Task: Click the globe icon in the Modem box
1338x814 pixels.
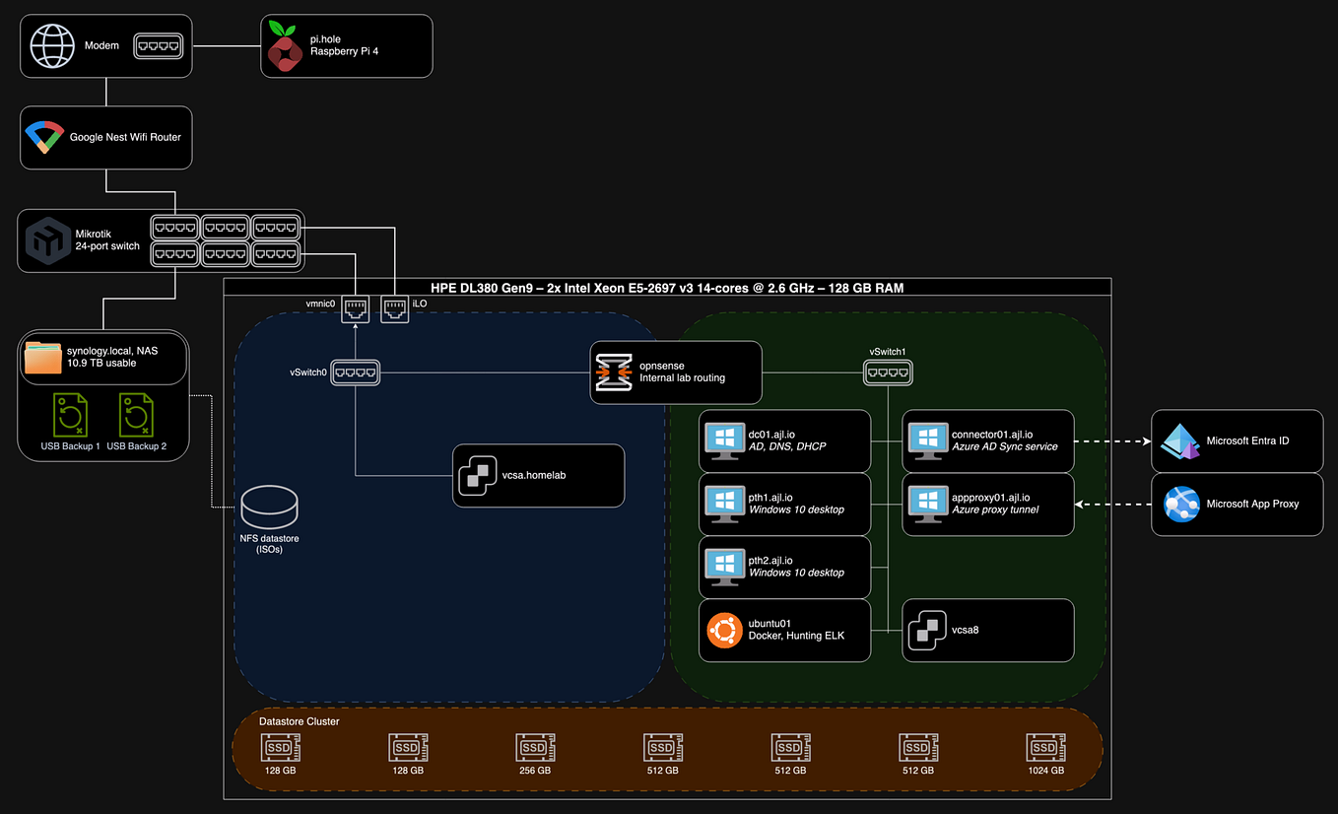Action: pyautogui.click(x=52, y=45)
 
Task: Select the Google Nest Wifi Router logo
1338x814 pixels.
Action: pyautogui.click(x=44, y=137)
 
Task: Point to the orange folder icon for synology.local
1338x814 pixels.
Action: pyautogui.click(x=42, y=357)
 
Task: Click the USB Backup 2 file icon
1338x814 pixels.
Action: pyautogui.click(x=136, y=416)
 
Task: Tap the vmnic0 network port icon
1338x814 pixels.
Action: pyautogui.click(x=356, y=309)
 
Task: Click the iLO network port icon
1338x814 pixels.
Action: pyautogui.click(x=394, y=309)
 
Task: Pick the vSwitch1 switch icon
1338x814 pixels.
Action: pyautogui.click(x=888, y=372)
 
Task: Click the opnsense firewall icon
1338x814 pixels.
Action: pyautogui.click(x=613, y=373)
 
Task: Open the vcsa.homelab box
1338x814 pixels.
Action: pyautogui.click(x=538, y=475)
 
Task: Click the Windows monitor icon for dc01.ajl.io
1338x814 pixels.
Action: pyautogui.click(x=725, y=441)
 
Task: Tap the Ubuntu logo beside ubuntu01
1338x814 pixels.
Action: pyautogui.click(x=724, y=630)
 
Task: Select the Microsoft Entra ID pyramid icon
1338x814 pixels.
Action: pyautogui.click(x=1179, y=441)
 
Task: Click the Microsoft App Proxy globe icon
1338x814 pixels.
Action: pyautogui.click(x=1180, y=504)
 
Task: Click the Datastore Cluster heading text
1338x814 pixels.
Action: pyautogui.click(x=299, y=721)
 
